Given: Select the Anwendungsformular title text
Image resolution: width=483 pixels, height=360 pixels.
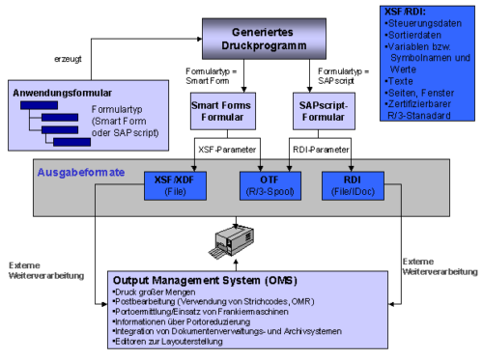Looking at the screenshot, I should (57, 93).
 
